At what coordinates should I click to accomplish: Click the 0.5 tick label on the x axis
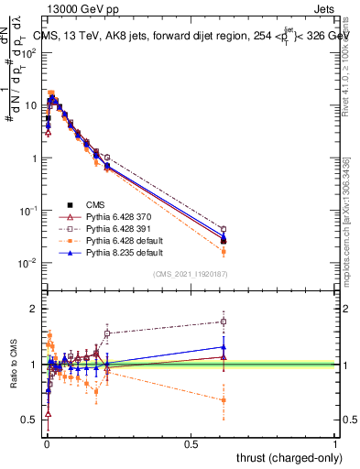191,443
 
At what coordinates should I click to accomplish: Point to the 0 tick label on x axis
46,443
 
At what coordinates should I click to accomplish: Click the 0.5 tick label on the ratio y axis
30,420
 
